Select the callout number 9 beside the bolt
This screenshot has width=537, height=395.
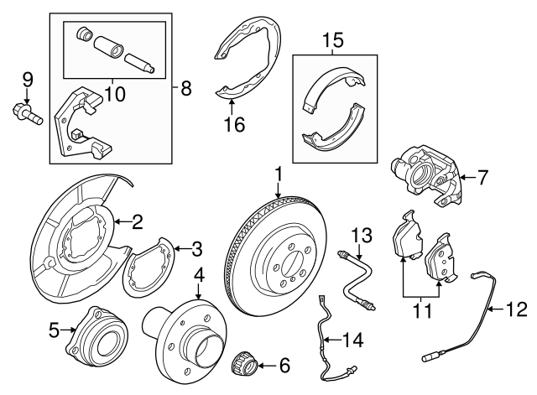[x=28, y=80]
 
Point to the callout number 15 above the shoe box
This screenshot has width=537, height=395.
[x=334, y=39]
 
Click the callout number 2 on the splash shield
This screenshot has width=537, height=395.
[x=137, y=222]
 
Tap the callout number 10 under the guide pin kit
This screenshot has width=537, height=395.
[x=115, y=95]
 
